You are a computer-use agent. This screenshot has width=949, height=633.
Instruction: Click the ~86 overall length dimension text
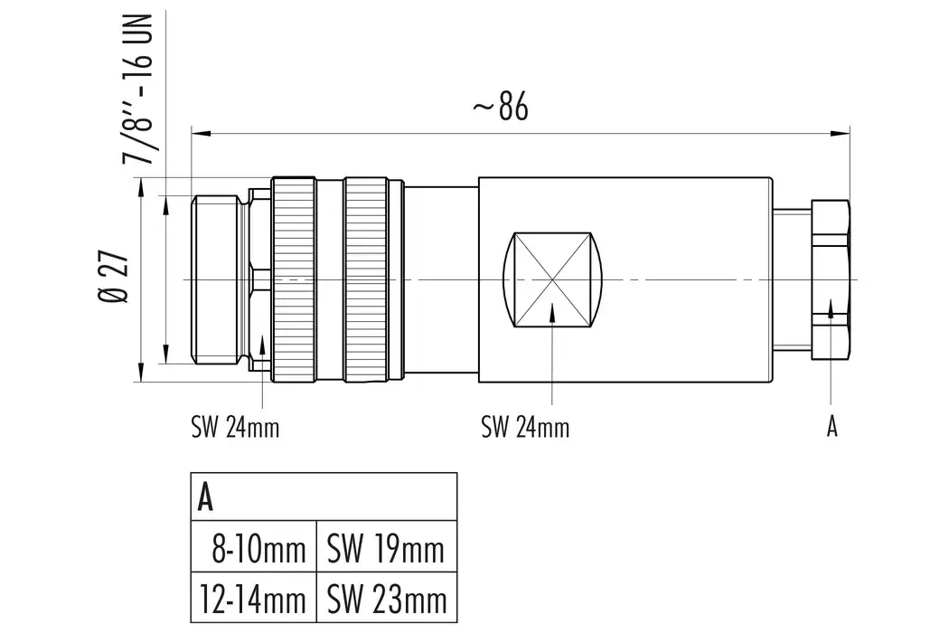tap(500, 108)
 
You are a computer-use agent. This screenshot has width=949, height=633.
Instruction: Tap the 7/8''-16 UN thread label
tap(139, 89)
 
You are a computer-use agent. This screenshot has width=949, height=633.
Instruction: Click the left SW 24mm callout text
tap(235, 427)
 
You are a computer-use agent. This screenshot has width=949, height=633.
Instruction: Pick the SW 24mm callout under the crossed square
tap(525, 427)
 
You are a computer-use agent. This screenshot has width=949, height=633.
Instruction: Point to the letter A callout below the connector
tap(832, 427)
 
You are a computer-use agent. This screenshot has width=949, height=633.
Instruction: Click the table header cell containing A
tap(323, 496)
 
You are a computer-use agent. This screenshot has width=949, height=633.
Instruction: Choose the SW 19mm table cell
tap(387, 548)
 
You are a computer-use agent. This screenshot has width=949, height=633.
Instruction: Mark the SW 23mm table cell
tap(387, 598)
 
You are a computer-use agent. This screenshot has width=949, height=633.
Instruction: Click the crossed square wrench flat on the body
tap(553, 280)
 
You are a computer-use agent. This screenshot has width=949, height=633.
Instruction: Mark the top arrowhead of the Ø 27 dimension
tap(141, 185)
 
